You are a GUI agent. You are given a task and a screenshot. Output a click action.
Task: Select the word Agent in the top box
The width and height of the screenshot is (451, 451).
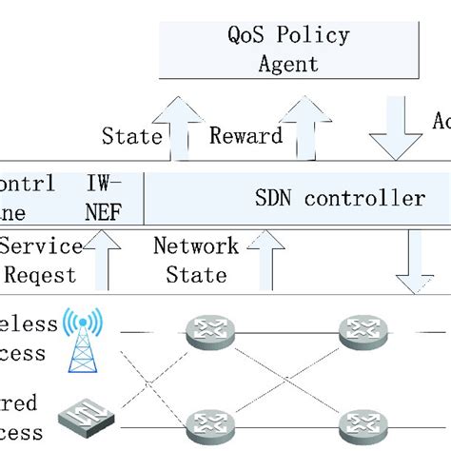[289, 65]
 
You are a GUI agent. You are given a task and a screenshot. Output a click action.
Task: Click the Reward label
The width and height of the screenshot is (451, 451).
[245, 136]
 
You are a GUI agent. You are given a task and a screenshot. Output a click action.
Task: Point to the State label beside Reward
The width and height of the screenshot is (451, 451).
[131, 136]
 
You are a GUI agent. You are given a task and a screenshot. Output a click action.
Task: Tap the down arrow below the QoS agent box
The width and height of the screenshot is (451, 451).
[395, 129]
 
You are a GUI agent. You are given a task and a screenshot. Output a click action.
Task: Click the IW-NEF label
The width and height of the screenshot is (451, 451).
[104, 198]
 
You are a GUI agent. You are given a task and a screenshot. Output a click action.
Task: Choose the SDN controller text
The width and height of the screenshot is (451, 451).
[340, 198]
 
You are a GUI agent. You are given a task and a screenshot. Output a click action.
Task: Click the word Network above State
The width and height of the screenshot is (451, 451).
[195, 246]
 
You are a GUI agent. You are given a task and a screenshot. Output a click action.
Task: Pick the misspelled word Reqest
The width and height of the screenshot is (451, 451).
[43, 275]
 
